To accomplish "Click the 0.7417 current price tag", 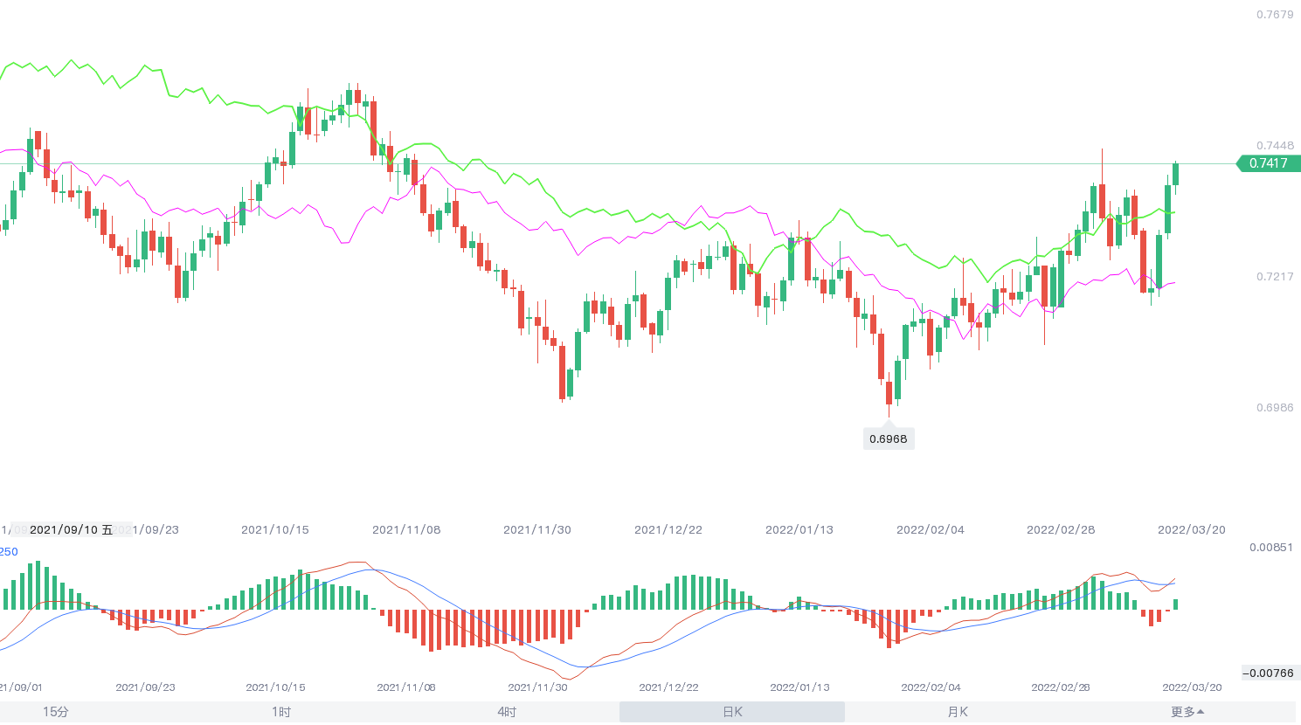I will click(1268, 163).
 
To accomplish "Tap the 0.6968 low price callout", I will click(888, 439).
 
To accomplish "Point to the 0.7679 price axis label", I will click(1275, 15).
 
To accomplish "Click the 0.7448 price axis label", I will click(1275, 146).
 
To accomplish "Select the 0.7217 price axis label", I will click(1275, 277).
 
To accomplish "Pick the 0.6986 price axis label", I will click(1275, 408).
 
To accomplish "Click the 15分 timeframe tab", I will click(56, 712).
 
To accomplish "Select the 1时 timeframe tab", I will click(280, 712).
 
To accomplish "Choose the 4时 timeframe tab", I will click(507, 712).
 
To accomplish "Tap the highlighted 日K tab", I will click(732, 712).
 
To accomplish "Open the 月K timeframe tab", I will click(958, 712).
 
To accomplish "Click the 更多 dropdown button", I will click(1187, 712).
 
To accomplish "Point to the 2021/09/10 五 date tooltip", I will click(71, 530).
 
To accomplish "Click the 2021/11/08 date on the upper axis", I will click(406, 530).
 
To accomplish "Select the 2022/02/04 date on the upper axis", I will click(931, 530).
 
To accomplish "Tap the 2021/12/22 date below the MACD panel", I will click(668, 687).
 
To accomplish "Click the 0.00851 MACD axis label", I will click(1271, 548).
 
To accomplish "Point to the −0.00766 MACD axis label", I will click(1268, 673).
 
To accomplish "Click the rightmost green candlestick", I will click(1176, 174).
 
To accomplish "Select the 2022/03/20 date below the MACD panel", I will click(1192, 687).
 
